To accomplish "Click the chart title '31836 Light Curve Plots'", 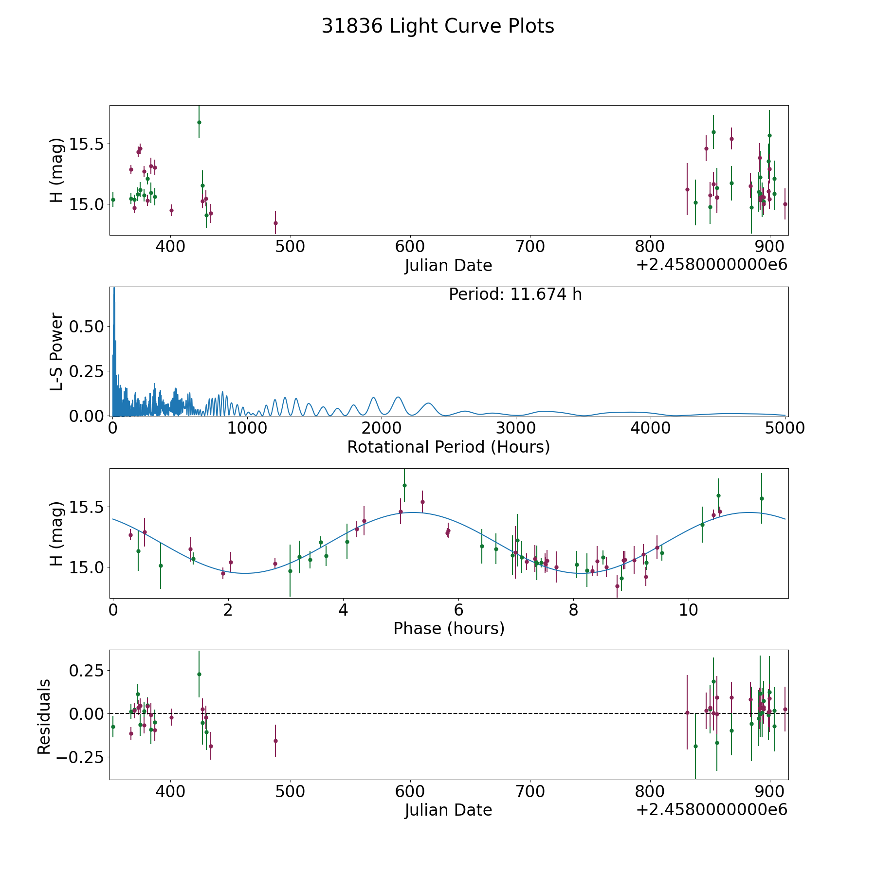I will click(438, 26).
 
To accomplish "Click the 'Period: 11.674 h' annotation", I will click(515, 294).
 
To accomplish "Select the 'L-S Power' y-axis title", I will click(56, 351).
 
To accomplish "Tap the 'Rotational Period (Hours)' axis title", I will click(448, 447).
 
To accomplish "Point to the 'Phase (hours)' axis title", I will click(448, 628).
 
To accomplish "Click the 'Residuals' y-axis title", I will click(44, 716).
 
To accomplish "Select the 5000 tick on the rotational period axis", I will click(785, 428).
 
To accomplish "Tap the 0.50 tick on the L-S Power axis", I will click(87, 326).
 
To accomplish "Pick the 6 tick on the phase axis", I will click(458, 610).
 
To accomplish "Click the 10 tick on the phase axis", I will click(689, 610).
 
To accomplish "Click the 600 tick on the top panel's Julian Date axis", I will click(410, 247).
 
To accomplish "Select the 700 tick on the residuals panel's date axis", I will click(530, 792).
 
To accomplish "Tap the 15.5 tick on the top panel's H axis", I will click(87, 144).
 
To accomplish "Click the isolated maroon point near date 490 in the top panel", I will click(275, 223).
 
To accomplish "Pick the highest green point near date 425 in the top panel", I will click(199, 122).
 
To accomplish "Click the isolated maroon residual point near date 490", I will click(275, 741).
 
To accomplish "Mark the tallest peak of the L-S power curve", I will click(114, 289).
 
